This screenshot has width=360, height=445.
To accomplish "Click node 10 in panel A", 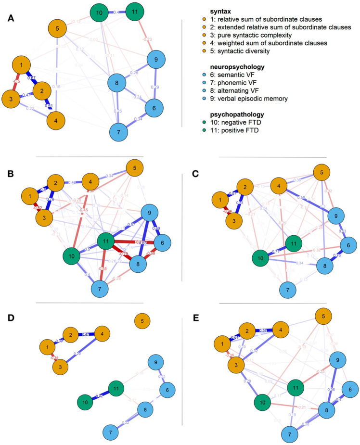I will tap(99, 12).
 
